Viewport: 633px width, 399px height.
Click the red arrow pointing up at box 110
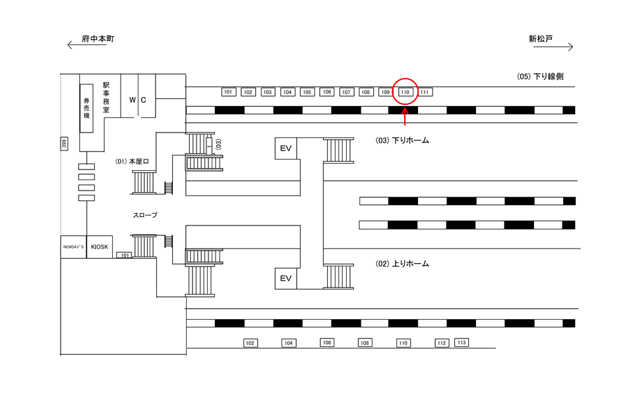[406, 119]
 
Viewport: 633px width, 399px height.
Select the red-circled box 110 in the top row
[406, 92]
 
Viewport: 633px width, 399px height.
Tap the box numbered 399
[64, 144]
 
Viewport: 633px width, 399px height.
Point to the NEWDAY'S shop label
[74, 247]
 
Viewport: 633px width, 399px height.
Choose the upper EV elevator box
[286, 148]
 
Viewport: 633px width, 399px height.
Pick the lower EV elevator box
[286, 278]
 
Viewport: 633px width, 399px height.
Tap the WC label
[138, 100]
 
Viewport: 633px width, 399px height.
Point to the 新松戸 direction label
[541, 39]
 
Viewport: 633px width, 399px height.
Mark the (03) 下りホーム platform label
[402, 140]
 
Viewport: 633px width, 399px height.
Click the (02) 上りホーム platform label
[402, 264]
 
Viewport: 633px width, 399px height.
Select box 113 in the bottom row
[462, 342]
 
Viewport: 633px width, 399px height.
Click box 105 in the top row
[307, 92]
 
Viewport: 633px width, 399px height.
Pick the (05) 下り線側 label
[540, 77]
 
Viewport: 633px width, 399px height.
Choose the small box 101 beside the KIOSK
[124, 255]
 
